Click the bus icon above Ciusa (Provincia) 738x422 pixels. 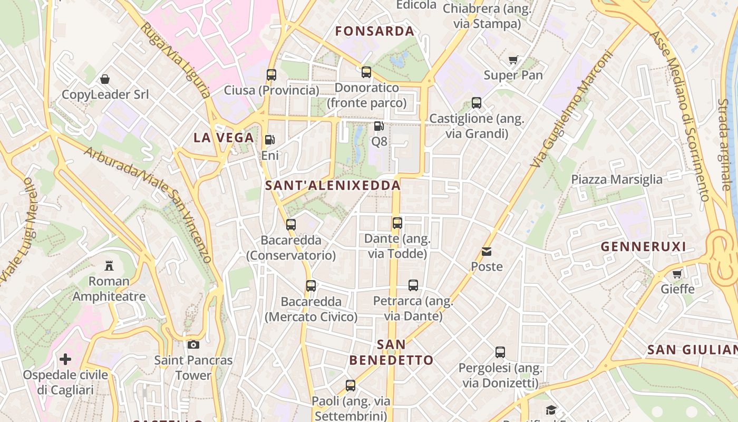coord(271,75)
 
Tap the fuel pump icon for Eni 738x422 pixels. coord(270,140)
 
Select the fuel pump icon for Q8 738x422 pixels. coord(378,126)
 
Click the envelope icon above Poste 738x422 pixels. coord(486,252)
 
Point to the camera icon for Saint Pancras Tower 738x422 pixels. coord(193,345)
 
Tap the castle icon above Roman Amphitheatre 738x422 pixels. coord(109,265)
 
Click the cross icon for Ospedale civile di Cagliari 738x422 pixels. coord(65,360)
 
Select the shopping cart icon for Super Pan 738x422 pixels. coord(513,60)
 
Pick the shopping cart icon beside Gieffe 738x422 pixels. coord(677,274)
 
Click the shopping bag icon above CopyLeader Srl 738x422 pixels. coord(105,79)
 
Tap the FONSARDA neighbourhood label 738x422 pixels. coord(375,31)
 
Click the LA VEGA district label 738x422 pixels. coord(224,138)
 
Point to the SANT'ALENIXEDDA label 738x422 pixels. coord(333,186)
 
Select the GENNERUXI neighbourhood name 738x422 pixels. coord(644,246)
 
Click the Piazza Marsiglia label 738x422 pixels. coord(617,179)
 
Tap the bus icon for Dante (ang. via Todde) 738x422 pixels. coord(397,223)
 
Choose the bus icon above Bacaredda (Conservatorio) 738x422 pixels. coord(291,225)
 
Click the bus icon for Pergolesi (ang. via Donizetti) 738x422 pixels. coord(500,352)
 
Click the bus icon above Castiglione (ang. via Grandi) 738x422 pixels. coord(477,103)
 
